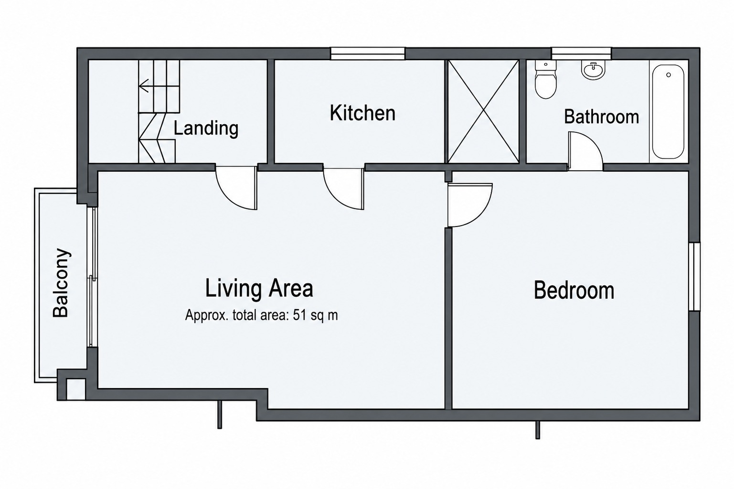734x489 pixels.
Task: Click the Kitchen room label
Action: point(362,113)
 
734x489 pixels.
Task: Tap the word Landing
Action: point(206,128)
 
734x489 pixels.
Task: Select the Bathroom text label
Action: point(601,117)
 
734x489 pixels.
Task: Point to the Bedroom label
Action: point(574,290)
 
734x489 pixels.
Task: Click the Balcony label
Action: point(61,283)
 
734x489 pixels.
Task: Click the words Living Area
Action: point(259,288)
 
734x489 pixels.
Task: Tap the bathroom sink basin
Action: point(593,71)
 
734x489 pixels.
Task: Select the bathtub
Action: point(668,111)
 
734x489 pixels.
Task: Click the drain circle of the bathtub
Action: point(669,75)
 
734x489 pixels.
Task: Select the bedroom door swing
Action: point(470,205)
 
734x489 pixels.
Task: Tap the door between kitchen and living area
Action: point(344,189)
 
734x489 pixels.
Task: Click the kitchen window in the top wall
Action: point(368,54)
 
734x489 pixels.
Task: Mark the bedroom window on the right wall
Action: point(694,276)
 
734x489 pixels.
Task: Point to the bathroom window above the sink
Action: point(582,54)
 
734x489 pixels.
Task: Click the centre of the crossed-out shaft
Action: point(484,111)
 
